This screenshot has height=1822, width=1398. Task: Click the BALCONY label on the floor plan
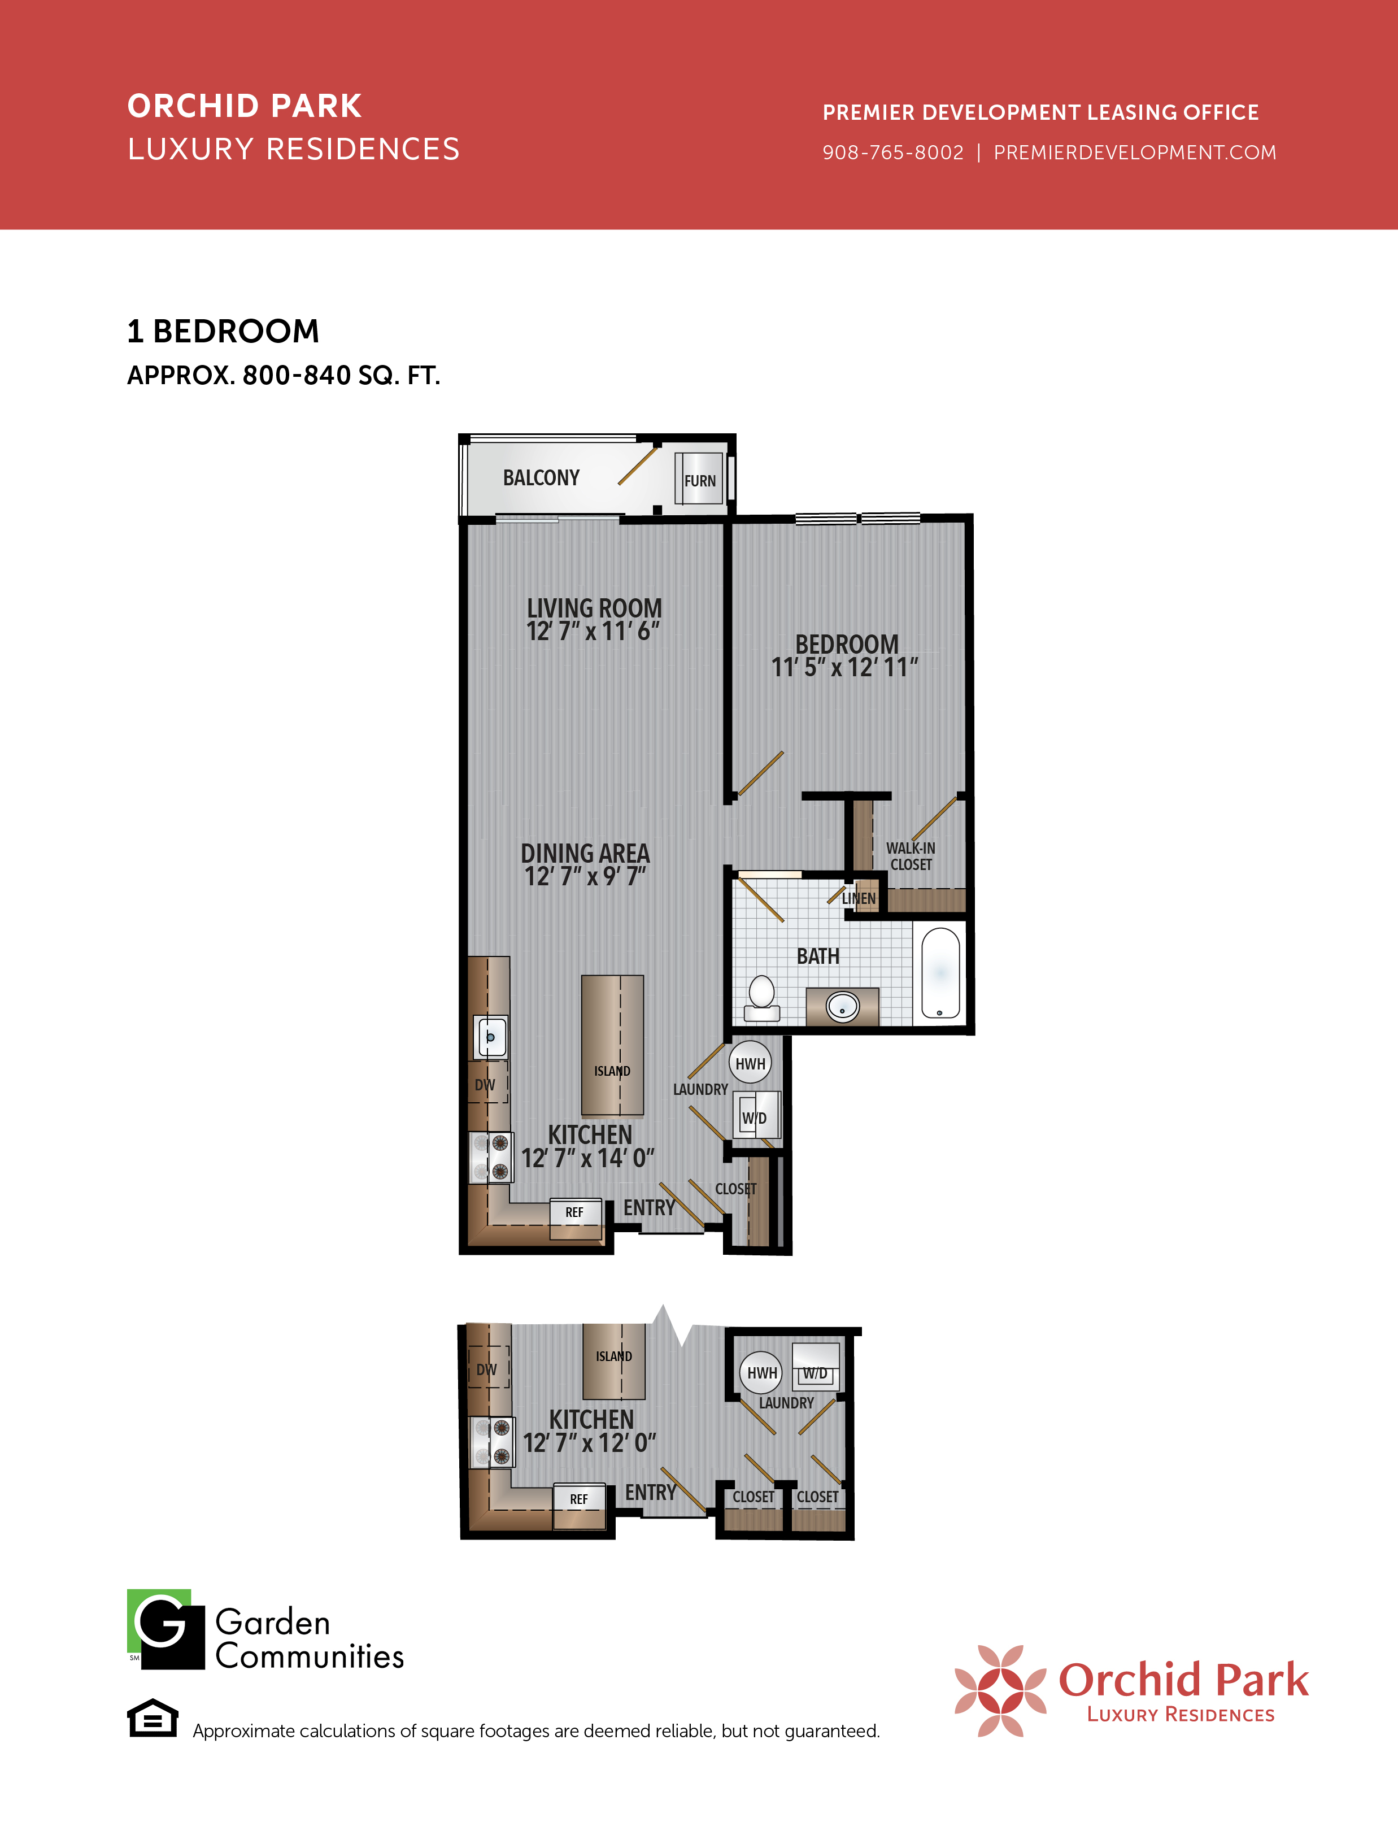click(x=541, y=478)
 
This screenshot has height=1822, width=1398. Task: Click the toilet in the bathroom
click(x=761, y=998)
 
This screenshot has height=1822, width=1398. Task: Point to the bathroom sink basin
click(x=842, y=1007)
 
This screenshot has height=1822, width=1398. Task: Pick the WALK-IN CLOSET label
click(x=911, y=856)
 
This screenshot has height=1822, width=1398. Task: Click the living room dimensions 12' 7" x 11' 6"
click(x=593, y=632)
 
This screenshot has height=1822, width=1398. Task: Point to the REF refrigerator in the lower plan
click(x=579, y=1505)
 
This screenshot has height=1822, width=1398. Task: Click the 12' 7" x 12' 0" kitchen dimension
click(x=589, y=1442)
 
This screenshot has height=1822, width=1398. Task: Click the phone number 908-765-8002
click(x=893, y=153)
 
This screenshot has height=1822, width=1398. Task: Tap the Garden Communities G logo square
click(x=166, y=1629)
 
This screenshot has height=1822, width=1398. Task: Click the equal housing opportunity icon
click(x=153, y=1718)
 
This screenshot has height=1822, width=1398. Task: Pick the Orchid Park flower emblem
click(x=1000, y=1690)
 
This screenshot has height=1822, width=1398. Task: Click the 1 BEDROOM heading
click(x=223, y=331)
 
